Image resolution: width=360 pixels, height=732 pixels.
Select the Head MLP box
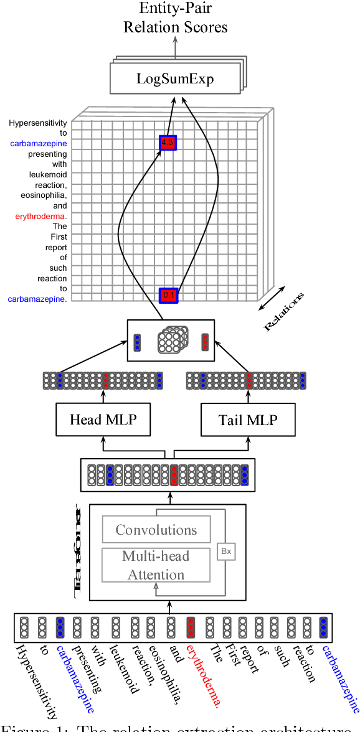click(103, 420)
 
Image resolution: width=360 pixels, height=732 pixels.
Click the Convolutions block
click(156, 530)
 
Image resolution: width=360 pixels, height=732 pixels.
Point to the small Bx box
click(225, 551)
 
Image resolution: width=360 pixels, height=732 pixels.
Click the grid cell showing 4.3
click(168, 143)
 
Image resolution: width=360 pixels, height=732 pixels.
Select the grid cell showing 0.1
click(168, 295)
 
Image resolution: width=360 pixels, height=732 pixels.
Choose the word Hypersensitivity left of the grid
click(37, 123)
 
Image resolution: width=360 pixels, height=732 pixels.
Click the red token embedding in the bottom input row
click(191, 628)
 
